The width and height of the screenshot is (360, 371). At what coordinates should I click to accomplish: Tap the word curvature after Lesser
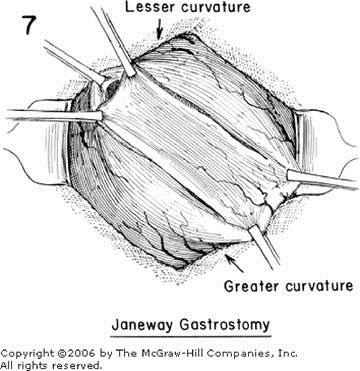216,9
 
